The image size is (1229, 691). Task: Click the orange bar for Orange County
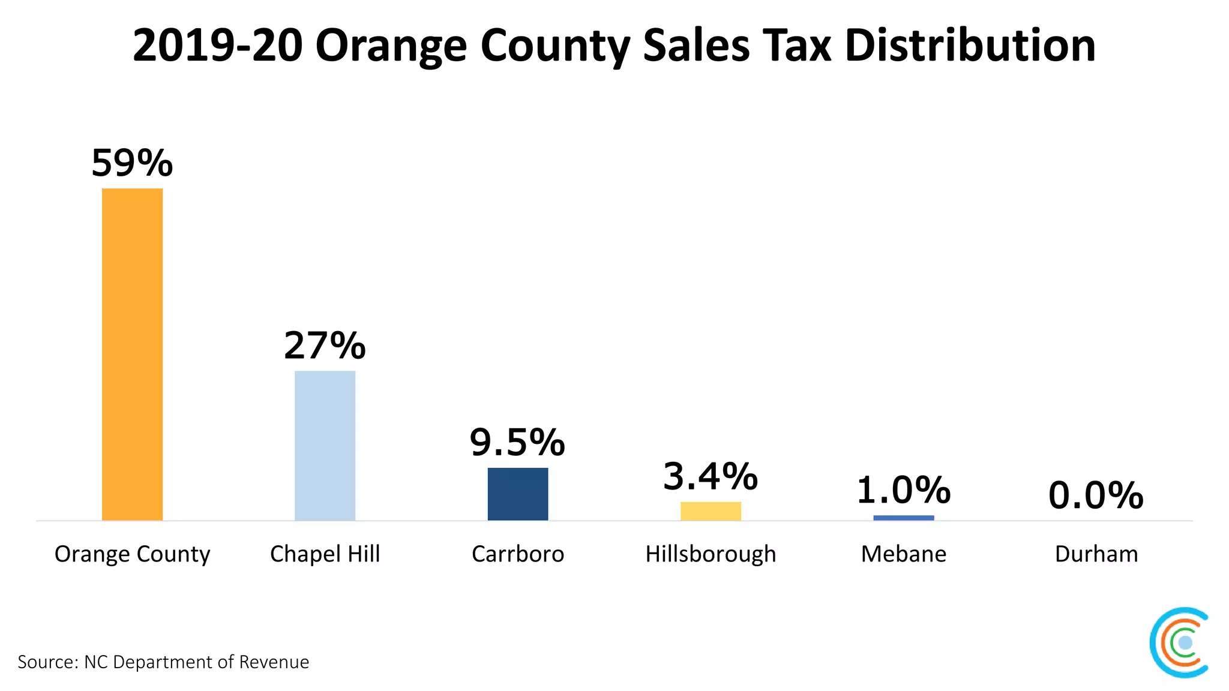coord(132,354)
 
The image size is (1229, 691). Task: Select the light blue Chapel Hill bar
coord(325,445)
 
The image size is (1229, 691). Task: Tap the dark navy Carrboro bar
coord(517,494)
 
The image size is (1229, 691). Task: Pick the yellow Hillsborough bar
coord(711,511)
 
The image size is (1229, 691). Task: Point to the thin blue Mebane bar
coord(903,518)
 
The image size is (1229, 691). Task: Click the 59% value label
coord(132,163)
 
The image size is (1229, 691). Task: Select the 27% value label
coord(325,345)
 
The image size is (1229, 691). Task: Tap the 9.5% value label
coord(517,443)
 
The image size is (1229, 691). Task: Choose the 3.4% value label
coord(711,477)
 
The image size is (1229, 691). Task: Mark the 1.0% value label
coord(903,491)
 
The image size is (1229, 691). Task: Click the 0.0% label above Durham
coord(1096,496)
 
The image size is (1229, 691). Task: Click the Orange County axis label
coord(132,554)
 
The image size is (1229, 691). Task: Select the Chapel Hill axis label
coord(325,554)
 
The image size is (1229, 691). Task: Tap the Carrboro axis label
coord(517,554)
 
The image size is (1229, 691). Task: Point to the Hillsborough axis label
coord(711,554)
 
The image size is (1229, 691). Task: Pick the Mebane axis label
coord(903,554)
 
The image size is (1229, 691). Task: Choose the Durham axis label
coord(1096,554)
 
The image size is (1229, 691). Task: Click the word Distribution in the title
coord(970,46)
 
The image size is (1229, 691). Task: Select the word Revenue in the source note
coord(274,662)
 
